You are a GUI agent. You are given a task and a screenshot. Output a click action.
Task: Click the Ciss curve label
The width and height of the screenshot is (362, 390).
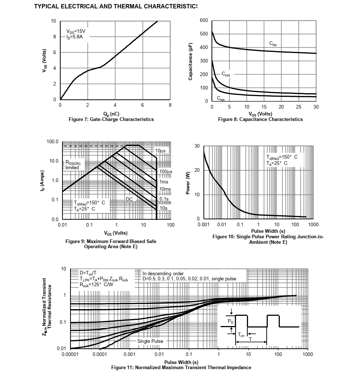[x=273, y=44]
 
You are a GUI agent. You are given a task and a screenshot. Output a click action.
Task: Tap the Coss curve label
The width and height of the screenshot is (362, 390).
[x=226, y=74]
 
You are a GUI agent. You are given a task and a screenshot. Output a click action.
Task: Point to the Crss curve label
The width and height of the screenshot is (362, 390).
[x=221, y=98]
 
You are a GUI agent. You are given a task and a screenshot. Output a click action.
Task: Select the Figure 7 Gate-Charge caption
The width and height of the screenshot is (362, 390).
[x=111, y=119]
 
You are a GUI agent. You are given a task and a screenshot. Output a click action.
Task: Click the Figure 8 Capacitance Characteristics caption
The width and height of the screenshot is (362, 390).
[x=260, y=119]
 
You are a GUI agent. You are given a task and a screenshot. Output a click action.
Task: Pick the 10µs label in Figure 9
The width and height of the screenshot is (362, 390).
[x=161, y=151]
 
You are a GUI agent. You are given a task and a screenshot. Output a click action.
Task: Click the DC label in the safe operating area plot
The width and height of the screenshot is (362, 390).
[x=129, y=199]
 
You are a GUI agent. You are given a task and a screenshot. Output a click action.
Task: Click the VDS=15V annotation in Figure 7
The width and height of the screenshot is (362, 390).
[x=76, y=31]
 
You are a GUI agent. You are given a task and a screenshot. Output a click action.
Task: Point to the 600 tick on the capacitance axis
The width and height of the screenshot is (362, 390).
[x=204, y=20]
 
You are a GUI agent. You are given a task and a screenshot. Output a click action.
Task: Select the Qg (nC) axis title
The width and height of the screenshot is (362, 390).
[x=111, y=114]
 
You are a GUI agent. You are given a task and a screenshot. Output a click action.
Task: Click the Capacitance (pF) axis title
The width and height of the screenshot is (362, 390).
[x=190, y=61]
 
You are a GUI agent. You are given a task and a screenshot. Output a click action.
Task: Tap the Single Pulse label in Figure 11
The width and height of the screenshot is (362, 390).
[x=150, y=341]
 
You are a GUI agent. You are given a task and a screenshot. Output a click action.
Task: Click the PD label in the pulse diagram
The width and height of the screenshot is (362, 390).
[x=230, y=321]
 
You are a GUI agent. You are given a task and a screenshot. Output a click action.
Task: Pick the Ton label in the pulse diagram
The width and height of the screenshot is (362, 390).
[x=241, y=334]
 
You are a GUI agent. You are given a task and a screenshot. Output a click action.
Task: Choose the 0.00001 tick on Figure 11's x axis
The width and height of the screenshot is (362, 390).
[x=70, y=354]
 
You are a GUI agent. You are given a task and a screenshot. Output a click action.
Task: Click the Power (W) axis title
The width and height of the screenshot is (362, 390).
[x=187, y=183]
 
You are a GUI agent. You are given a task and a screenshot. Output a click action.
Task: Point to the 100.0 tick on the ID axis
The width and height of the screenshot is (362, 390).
[x=53, y=142]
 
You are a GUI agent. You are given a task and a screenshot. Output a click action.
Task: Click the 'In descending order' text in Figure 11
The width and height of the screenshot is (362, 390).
[x=163, y=273]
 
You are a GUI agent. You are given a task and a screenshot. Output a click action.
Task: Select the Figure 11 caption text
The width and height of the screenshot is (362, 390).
[x=181, y=367]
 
